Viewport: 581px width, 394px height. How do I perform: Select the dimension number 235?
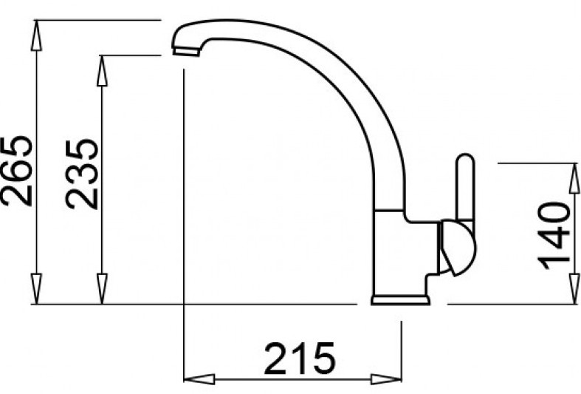pos(82,173)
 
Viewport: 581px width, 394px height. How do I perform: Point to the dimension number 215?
pos(300,359)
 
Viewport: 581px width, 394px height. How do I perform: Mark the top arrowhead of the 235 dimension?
pos(102,70)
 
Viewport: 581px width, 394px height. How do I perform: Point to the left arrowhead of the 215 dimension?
pos(198,379)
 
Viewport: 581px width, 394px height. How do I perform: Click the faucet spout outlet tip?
pos(185,51)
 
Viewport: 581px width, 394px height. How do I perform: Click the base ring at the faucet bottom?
pos(399,299)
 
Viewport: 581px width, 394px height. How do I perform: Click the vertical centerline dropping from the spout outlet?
pos(182,222)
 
